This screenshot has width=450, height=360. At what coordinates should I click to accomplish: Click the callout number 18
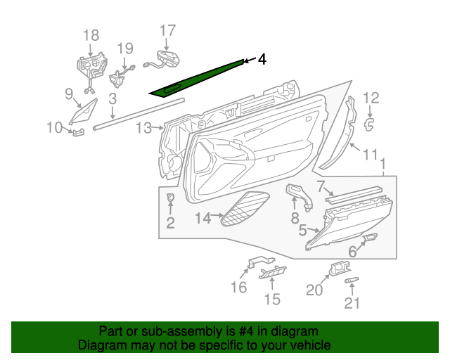pyautogui.click(x=91, y=35)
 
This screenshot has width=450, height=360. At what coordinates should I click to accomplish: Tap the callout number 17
pyautogui.click(x=167, y=30)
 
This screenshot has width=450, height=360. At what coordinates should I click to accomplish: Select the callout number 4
pyautogui.click(x=262, y=60)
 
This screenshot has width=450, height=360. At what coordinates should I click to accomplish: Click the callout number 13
pyautogui.click(x=143, y=128)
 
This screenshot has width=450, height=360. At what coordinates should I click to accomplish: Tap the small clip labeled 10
pyautogui.click(x=77, y=131)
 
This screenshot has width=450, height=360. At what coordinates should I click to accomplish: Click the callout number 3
pyautogui.click(x=112, y=100)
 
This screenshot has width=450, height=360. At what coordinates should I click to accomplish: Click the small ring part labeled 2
pyautogui.click(x=171, y=200)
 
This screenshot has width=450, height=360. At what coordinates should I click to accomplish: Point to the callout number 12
pyautogui.click(x=371, y=98)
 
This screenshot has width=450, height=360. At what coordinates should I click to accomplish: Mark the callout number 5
pyautogui.click(x=302, y=230)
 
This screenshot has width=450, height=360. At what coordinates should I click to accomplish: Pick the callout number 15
pyautogui.click(x=271, y=300)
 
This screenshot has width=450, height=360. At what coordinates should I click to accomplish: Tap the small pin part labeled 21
pyautogui.click(x=352, y=281)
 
